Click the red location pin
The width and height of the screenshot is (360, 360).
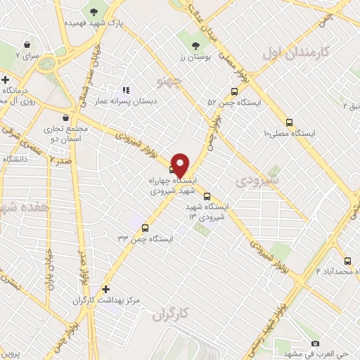[180, 164]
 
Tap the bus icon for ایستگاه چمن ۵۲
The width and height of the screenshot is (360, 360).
[235, 91]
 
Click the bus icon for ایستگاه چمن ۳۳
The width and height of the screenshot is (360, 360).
[146, 227]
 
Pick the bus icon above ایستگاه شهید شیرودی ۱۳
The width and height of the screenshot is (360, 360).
[207, 196]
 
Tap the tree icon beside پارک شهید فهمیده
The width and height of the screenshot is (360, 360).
[94, 11]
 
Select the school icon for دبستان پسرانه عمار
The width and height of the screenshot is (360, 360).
[126, 90]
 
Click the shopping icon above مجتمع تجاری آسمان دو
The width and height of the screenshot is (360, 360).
[67, 117]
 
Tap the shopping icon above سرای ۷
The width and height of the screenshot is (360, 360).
[26, 43]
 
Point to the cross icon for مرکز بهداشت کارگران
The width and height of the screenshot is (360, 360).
[105, 289]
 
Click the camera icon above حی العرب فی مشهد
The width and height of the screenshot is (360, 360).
[315, 343]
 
